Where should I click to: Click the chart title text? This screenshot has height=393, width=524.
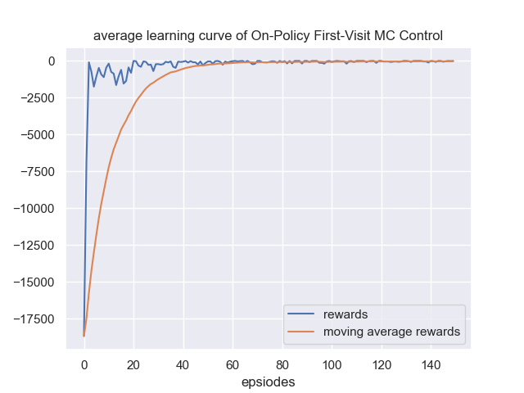[x=268, y=36]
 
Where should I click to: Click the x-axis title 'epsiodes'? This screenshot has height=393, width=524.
[x=268, y=382]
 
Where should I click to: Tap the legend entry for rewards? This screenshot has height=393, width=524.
[x=346, y=315]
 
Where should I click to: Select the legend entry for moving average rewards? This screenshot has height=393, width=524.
[x=391, y=332]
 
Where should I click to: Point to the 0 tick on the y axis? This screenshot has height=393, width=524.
[x=51, y=61]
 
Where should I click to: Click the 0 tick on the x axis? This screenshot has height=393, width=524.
[x=84, y=364]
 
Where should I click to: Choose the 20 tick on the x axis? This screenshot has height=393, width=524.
[x=133, y=364]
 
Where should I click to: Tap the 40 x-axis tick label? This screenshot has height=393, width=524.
[x=183, y=364]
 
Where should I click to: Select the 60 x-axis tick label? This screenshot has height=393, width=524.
[x=233, y=364]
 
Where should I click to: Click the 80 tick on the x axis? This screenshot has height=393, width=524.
[x=282, y=364]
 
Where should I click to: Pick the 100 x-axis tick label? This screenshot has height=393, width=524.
[x=332, y=364]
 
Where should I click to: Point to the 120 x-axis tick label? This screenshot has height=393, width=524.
[x=382, y=364]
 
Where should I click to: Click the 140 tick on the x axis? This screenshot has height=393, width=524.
[x=431, y=364]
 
